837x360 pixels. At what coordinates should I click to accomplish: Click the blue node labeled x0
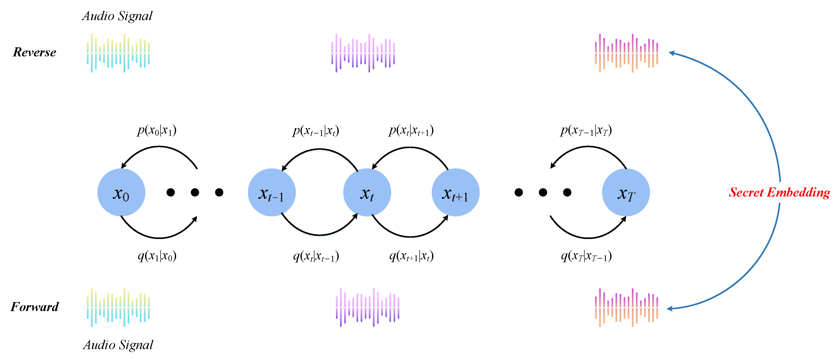[121, 192]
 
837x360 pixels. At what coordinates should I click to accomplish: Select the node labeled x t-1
[272, 192]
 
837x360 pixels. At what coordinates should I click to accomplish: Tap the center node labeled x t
[367, 192]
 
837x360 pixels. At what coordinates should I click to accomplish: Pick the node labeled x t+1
[456, 192]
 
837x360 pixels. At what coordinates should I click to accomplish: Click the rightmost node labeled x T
[626, 192]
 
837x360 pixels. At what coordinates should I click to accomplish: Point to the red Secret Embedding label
[779, 192]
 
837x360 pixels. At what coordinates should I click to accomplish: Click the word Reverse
[34, 52]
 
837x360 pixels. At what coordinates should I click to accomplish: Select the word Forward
[34, 307]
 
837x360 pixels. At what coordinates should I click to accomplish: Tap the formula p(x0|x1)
[157, 130]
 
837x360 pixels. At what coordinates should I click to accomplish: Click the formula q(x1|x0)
[157, 256]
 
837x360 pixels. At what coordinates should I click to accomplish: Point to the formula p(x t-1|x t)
[316, 131]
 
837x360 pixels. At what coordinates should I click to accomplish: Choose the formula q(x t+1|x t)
[411, 256]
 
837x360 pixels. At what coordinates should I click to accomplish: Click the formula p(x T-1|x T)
[586, 130]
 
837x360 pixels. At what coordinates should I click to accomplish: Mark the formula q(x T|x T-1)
[586, 256]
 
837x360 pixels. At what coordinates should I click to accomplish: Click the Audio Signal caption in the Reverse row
[117, 16]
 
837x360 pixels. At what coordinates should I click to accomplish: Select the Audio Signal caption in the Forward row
[118, 345]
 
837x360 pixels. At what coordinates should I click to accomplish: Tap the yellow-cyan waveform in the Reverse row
[118, 53]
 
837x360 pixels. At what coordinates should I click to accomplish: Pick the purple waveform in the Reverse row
[363, 53]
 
